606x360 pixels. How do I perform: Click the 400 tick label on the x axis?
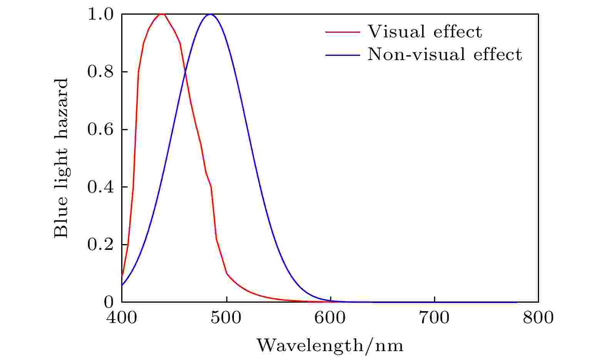121,318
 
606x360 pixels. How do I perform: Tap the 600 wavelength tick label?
331,318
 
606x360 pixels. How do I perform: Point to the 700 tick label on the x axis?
434,318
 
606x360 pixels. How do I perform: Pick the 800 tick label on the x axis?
538,318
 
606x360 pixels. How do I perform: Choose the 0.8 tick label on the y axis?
100,72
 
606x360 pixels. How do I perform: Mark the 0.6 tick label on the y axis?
100,130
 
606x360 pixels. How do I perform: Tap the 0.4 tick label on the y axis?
100,187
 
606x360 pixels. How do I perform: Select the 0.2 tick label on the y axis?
100,245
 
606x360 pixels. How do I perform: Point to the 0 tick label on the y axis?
109,302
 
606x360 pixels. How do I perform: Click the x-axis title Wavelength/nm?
330,345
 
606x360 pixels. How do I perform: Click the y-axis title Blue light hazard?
61,158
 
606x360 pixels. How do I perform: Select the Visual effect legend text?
424,32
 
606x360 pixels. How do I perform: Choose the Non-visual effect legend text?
445,54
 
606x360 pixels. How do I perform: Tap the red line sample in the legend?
343,32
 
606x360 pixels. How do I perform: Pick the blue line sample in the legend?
343,55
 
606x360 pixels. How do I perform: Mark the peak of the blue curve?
210,14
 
